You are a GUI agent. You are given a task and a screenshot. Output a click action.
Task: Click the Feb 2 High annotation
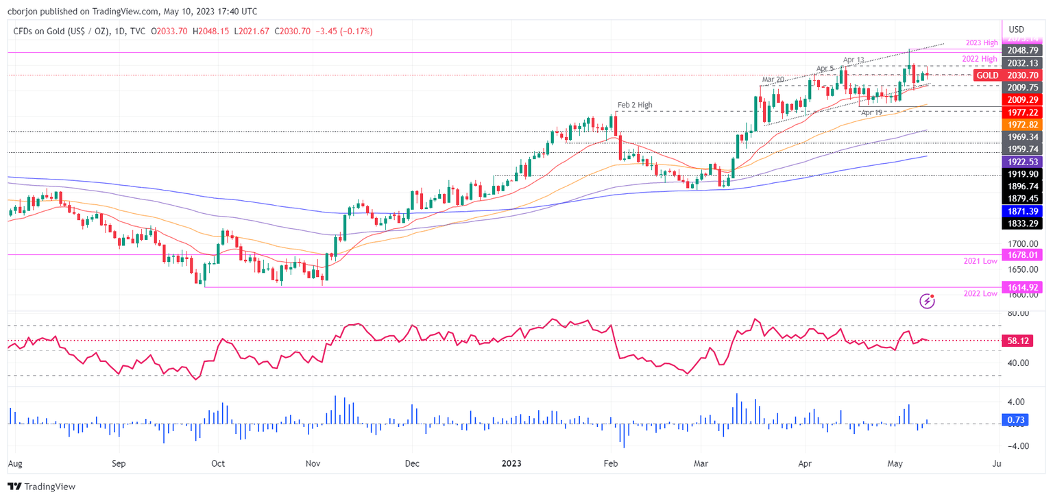point(634,105)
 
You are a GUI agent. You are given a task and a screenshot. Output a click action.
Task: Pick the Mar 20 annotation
point(773,80)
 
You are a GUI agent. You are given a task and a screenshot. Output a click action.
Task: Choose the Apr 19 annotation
point(871,112)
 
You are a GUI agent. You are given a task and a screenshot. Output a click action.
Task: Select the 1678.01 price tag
point(1022,255)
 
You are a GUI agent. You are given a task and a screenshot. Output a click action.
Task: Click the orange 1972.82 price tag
point(1022,125)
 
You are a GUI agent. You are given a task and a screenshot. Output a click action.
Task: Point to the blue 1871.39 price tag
point(1022,211)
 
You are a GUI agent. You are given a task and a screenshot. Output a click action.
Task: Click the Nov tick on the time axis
point(313,463)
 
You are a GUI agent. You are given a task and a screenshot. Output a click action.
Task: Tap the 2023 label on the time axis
point(511,463)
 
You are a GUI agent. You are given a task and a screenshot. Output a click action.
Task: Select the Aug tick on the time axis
point(14,463)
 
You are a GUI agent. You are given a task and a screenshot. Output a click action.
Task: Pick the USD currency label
point(1016,29)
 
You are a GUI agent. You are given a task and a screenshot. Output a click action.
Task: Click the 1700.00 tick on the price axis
point(1021,243)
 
